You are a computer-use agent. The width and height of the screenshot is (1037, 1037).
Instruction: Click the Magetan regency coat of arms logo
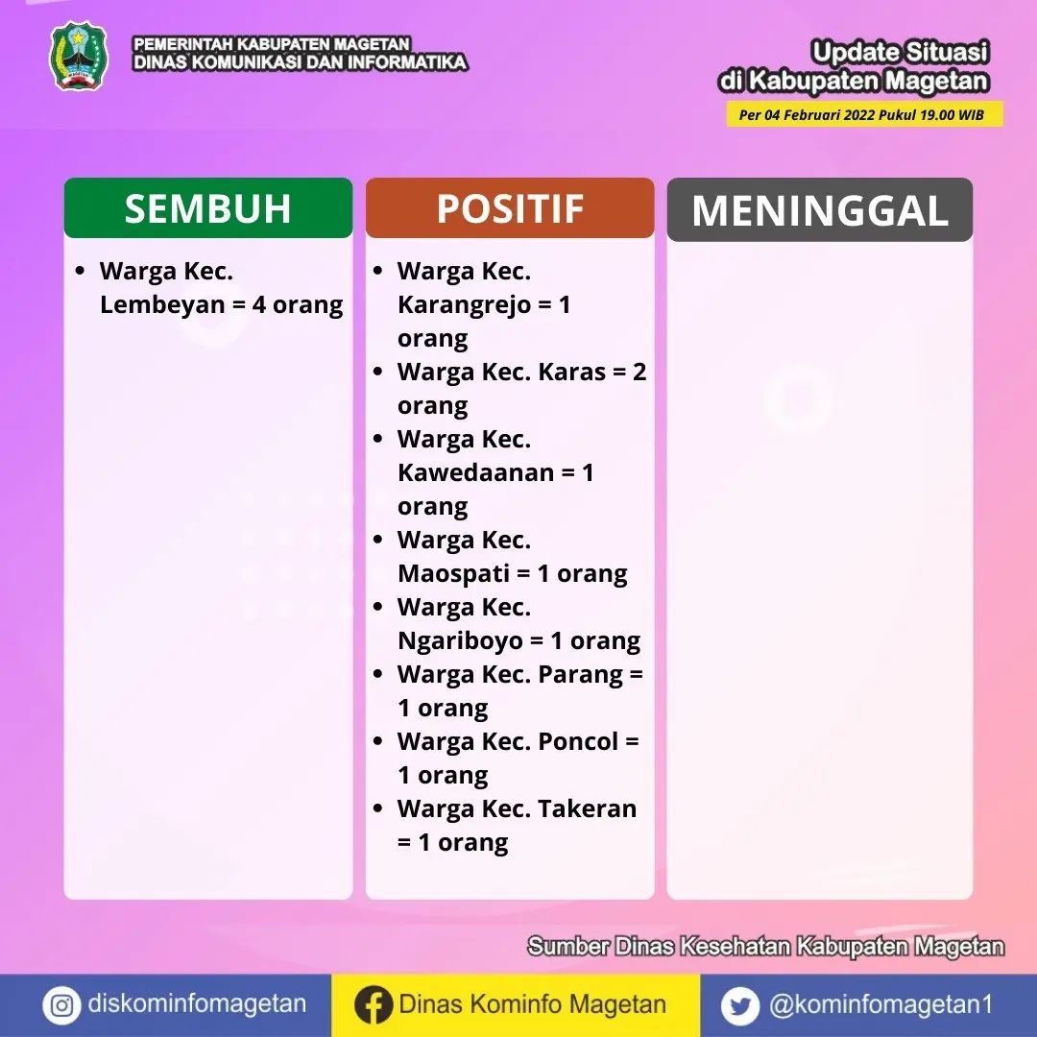[79, 57]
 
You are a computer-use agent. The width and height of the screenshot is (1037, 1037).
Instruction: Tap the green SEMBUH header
[208, 207]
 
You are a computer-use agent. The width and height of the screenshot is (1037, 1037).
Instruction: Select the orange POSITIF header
[510, 207]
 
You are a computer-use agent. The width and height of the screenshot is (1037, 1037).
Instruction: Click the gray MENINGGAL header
[819, 209]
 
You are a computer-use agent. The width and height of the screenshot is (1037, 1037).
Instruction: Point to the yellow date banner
[864, 114]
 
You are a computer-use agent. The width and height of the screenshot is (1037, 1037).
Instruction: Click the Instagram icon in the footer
[61, 1005]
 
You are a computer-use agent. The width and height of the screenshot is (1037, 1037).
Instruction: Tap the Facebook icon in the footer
[373, 1005]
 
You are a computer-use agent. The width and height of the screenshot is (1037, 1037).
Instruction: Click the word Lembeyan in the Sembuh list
[162, 305]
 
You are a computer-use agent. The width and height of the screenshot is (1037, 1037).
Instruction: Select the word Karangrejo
[465, 305]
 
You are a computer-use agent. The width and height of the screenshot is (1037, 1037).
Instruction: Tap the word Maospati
[453, 574]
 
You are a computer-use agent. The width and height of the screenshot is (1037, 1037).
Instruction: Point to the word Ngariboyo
[460, 641]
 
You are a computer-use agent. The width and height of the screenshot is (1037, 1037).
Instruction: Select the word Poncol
[578, 741]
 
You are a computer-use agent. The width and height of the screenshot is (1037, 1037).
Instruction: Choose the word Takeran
[588, 808]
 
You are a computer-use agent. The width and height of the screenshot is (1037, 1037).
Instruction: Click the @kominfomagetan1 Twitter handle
[880, 1004]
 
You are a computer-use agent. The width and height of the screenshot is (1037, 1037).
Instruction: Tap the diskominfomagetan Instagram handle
[197, 1004]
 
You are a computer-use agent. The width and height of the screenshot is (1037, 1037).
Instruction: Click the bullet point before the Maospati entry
[377, 540]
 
